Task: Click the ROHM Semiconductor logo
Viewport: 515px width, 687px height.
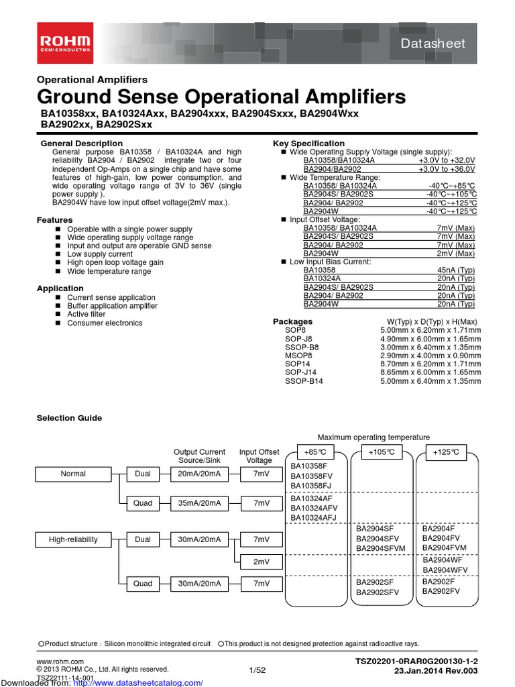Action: click(65, 42)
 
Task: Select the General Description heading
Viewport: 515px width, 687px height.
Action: click(82, 144)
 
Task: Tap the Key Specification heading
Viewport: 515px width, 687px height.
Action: click(308, 144)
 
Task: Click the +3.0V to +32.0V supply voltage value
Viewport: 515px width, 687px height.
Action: click(447, 161)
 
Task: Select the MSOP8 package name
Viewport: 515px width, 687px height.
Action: click(298, 356)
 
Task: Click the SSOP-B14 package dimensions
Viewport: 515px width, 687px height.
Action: click(431, 381)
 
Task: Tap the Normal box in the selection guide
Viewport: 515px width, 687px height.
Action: click(73, 474)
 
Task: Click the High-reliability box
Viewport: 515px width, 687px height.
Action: click(73, 539)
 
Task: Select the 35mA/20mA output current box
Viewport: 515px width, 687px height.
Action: click(199, 503)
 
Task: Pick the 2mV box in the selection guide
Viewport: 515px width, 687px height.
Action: click(261, 562)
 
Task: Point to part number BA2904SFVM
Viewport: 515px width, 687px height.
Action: click(381, 549)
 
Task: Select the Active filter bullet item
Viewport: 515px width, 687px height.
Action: click(86, 314)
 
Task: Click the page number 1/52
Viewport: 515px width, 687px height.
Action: click(257, 670)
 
